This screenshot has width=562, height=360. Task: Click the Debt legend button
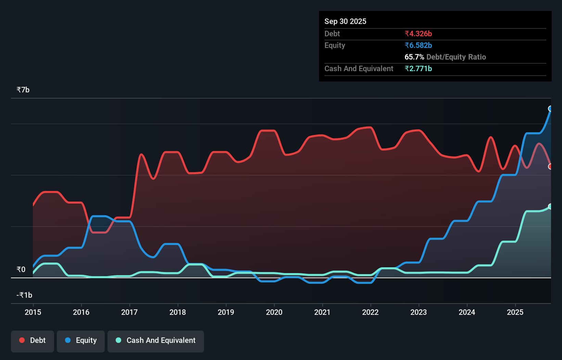[33, 340]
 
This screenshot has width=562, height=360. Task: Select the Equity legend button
[81, 340]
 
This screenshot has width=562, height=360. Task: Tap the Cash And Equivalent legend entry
[156, 340]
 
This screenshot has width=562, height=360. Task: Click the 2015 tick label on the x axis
[33, 312]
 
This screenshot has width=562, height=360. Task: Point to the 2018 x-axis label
[178, 312]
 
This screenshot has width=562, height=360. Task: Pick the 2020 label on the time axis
[274, 312]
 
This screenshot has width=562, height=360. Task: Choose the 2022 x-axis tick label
[370, 312]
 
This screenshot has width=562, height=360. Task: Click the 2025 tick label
[515, 312]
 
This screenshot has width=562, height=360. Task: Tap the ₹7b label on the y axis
[23, 90]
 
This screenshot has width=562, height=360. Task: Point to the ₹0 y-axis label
[21, 269]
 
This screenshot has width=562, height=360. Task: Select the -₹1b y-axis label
[24, 295]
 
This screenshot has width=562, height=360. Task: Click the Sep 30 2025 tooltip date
[345, 21]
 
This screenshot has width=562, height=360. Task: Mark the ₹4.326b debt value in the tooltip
[418, 34]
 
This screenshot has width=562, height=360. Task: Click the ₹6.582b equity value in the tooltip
[418, 45]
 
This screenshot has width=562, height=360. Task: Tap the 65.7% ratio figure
[414, 57]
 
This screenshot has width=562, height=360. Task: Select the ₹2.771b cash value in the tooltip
[418, 68]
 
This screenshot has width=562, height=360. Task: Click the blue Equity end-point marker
[550, 109]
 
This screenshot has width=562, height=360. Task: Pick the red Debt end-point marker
[550, 167]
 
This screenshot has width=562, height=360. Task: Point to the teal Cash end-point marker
[550, 206]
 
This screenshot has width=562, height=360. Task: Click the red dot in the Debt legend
[22, 340]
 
